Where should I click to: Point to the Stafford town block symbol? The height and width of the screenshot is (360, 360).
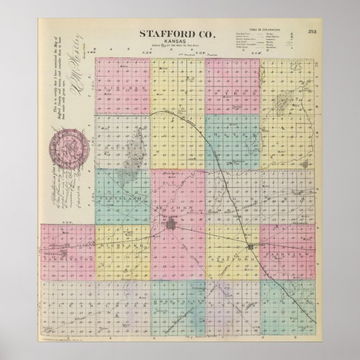[x=250, y=246]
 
